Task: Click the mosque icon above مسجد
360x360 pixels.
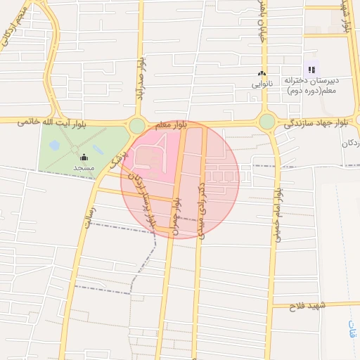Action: point(84,157)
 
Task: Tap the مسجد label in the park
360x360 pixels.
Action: point(84,169)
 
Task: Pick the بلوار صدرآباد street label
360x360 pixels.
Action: point(141,81)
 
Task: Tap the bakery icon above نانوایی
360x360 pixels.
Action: point(262,73)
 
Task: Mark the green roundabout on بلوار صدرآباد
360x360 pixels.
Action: point(137,126)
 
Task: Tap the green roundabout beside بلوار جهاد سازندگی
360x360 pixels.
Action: point(267,122)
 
